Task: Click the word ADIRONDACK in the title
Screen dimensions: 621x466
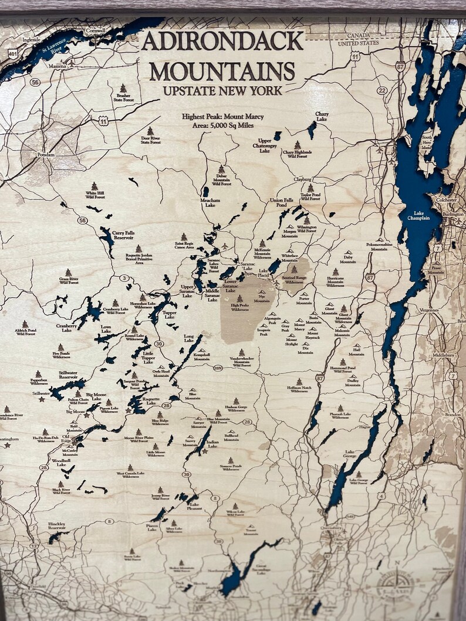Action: pos(222,42)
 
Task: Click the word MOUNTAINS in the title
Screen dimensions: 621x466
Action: pos(222,71)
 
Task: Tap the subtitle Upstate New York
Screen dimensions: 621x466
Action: pos(222,91)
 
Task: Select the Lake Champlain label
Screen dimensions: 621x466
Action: pos(418,216)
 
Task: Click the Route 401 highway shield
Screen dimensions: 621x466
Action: pos(13,53)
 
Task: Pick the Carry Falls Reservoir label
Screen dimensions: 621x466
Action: pos(127,236)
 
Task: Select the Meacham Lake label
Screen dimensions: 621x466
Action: pos(210,202)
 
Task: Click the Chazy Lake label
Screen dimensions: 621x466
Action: pos(322,117)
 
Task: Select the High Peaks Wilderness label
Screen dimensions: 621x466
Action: pos(239,307)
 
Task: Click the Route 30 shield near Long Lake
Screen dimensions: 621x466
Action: pos(158,344)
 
